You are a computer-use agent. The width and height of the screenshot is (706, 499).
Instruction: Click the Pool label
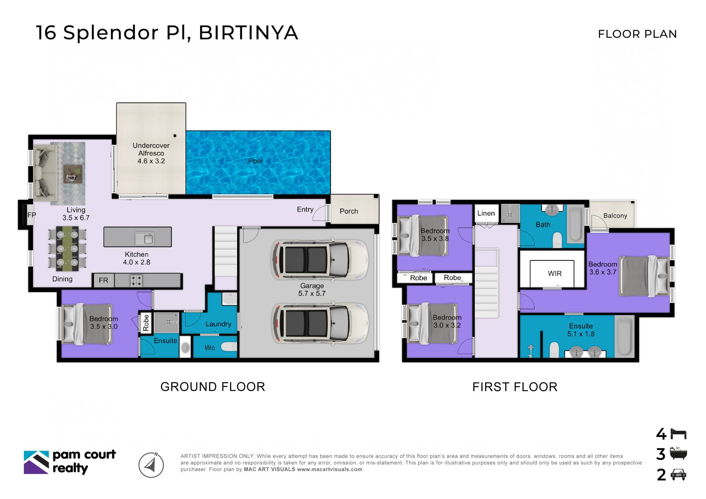coord(255,161)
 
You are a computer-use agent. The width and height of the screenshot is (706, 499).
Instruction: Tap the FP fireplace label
coord(32,215)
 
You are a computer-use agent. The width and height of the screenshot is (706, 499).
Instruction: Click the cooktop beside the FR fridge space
coord(136,281)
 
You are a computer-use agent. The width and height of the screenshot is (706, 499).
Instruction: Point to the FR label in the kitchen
coord(103,280)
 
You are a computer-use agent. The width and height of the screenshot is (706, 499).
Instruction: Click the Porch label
coord(349,211)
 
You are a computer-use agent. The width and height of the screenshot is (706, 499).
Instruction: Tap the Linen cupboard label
coord(486,213)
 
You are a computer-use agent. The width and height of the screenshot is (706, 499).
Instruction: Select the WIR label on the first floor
coord(555,273)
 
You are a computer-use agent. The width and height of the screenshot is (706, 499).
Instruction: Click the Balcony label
coord(615,216)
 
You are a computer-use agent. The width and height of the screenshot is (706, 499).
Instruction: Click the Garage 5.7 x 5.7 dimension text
coord(312,293)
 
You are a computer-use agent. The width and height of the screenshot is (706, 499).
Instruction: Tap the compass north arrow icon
coord(151,465)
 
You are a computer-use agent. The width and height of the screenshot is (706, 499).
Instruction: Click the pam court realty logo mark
coord(36,462)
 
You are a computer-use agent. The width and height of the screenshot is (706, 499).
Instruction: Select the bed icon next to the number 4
coord(678,434)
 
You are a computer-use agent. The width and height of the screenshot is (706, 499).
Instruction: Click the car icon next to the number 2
coord(678,475)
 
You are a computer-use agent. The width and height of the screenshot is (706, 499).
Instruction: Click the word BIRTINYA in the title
coord(248,33)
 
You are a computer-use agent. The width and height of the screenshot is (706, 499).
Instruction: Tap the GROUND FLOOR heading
coord(213,387)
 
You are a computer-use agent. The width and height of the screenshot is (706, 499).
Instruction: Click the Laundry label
coord(218,324)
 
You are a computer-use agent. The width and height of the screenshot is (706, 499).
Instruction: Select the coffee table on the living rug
coord(73,173)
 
